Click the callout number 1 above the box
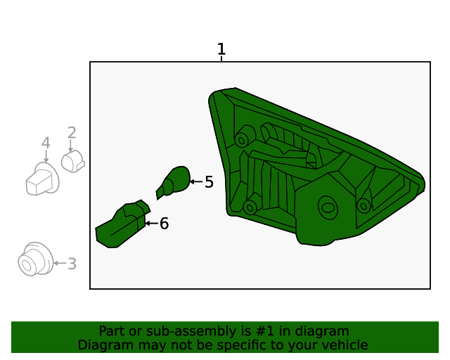click(221, 49)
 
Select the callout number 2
click(72, 132)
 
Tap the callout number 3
click(72, 264)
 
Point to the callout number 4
click(46, 143)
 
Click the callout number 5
click(209, 182)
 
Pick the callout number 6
click(164, 224)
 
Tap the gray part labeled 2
click(72, 162)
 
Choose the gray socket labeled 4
click(41, 180)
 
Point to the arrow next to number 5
click(195, 182)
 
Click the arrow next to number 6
click(151, 224)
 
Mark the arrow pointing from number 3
click(60, 264)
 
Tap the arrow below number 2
click(71, 147)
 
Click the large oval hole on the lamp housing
click(328, 207)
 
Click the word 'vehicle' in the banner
click(344, 345)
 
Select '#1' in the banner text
click(255, 331)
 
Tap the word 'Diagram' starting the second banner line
click(103, 345)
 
